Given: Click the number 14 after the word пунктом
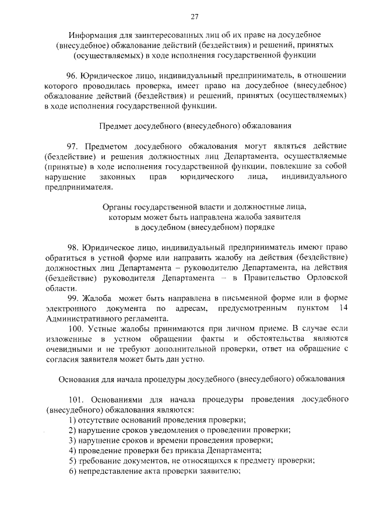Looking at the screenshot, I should click(x=343, y=309).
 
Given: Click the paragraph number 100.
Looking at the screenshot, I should click(x=75, y=329).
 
